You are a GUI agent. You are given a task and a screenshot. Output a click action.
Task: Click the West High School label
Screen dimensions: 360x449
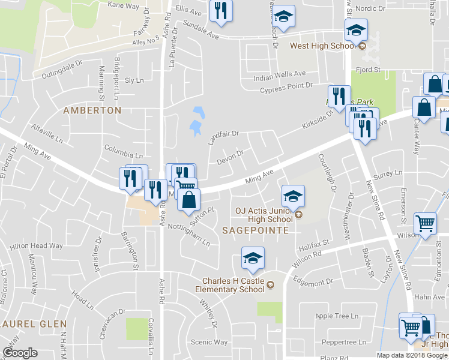(x=323, y=46)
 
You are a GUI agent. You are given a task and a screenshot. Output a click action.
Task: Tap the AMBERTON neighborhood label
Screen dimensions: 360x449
(x=92, y=110)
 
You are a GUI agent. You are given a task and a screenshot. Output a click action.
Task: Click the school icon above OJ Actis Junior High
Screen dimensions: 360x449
(x=293, y=196)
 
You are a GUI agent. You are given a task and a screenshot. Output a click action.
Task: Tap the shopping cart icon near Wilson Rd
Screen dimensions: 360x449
(x=425, y=223)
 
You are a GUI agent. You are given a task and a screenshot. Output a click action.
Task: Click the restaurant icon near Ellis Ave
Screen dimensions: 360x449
(x=221, y=10)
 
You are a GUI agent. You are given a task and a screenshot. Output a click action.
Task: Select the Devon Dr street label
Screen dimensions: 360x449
(x=230, y=157)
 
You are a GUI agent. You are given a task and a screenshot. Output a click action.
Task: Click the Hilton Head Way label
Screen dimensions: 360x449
(x=36, y=246)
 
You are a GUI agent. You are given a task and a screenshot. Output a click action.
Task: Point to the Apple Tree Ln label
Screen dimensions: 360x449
(x=337, y=316)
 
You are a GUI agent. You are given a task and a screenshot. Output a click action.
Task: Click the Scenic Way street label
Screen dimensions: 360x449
(x=209, y=342)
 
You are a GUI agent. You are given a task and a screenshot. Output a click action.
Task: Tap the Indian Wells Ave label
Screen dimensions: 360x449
(x=280, y=74)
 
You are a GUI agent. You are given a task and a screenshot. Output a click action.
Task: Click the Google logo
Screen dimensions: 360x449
(x=20, y=353)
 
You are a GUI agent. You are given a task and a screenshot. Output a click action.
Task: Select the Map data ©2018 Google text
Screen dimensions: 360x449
(x=412, y=355)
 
